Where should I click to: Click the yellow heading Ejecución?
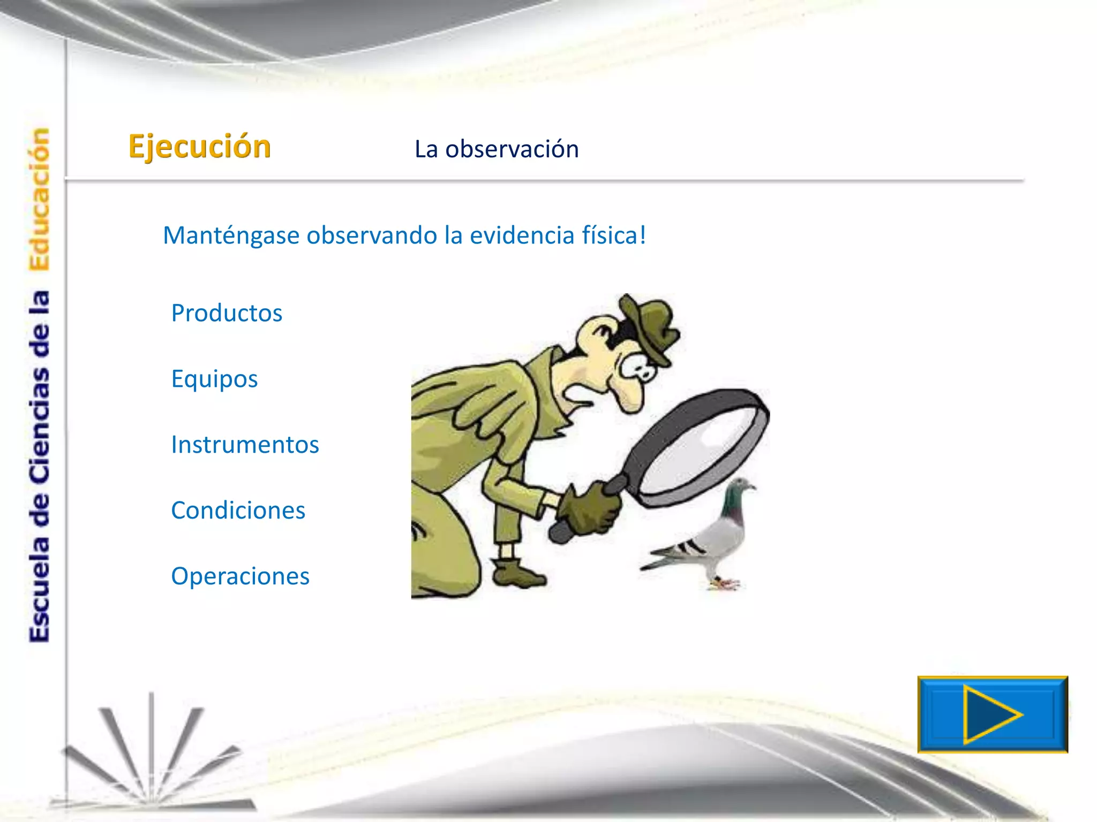click(200, 147)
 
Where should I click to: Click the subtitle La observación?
click(497, 149)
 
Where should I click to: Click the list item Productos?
click(227, 313)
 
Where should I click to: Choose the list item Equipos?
click(214, 379)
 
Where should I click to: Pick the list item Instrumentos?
click(245, 445)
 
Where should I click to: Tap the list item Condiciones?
click(238, 511)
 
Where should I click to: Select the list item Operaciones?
click(240, 576)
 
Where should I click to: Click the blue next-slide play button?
click(992, 714)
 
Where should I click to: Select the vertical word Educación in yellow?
click(39, 199)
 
